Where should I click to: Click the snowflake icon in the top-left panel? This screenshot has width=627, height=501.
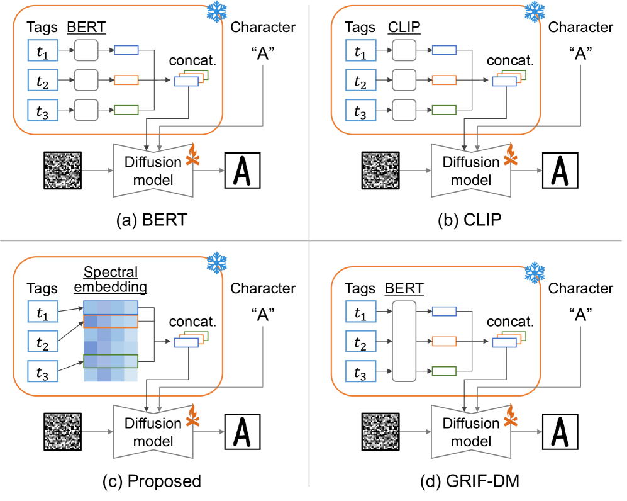click(216, 12)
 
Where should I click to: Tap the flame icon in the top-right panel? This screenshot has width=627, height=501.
click(510, 155)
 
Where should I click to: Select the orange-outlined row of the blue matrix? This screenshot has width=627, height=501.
click(111, 321)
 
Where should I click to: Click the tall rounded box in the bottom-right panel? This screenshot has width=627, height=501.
click(404, 341)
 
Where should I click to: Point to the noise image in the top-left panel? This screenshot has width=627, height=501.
click(63, 171)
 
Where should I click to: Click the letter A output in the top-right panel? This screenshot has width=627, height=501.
click(560, 171)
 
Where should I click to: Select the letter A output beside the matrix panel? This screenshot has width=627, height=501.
click(242, 432)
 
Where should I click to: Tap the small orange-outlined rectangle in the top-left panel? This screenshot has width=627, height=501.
click(126, 81)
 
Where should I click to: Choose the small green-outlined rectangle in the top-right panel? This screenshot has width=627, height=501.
click(443, 110)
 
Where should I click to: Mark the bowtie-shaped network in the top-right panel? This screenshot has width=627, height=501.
click(470, 171)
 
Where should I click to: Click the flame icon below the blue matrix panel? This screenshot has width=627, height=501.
click(192, 416)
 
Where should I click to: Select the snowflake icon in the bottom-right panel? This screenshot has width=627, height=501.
click(534, 273)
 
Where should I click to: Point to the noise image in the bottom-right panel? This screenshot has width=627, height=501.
click(380, 432)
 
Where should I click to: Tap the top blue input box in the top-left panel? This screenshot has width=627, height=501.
click(43, 50)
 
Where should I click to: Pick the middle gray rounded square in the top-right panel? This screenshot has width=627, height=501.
click(404, 81)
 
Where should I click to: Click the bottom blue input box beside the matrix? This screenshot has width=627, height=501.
click(43, 371)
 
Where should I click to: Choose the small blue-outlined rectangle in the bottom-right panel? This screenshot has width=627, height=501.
click(443, 312)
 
